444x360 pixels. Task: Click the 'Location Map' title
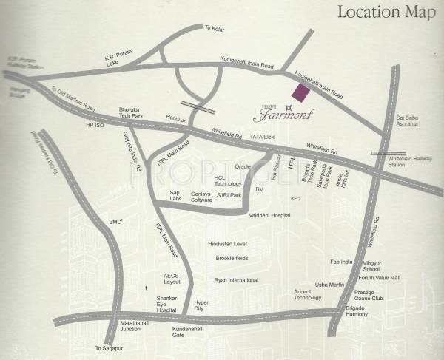385,12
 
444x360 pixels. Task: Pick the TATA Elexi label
263,137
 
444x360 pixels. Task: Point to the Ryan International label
236,280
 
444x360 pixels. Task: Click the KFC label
295,198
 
